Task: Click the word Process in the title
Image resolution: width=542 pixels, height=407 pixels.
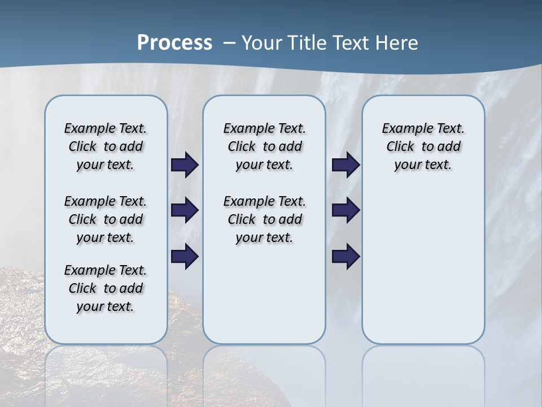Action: (x=174, y=43)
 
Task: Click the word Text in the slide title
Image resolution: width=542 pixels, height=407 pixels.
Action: (x=351, y=43)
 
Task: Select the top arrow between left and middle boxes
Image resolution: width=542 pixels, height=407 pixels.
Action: (x=185, y=165)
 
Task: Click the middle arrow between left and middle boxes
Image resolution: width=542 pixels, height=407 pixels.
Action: (x=185, y=210)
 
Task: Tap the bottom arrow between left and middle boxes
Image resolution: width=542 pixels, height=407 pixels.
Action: (x=185, y=257)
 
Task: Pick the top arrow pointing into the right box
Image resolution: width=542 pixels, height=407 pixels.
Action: (x=346, y=165)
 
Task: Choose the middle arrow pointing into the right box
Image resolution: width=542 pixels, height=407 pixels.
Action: (x=346, y=210)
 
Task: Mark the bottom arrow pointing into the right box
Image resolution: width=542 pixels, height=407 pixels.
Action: (x=346, y=257)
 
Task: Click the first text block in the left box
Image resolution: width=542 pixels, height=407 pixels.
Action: (x=106, y=146)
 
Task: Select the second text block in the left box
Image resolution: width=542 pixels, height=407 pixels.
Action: (x=106, y=219)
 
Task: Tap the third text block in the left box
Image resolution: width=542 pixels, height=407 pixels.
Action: (x=106, y=288)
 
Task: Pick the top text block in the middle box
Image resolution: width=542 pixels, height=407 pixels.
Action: (x=264, y=146)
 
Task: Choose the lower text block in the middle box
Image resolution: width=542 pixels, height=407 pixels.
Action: (x=264, y=219)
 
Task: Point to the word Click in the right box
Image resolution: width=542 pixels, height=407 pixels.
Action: (x=400, y=147)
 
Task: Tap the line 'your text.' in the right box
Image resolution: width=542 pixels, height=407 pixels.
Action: (x=423, y=165)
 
